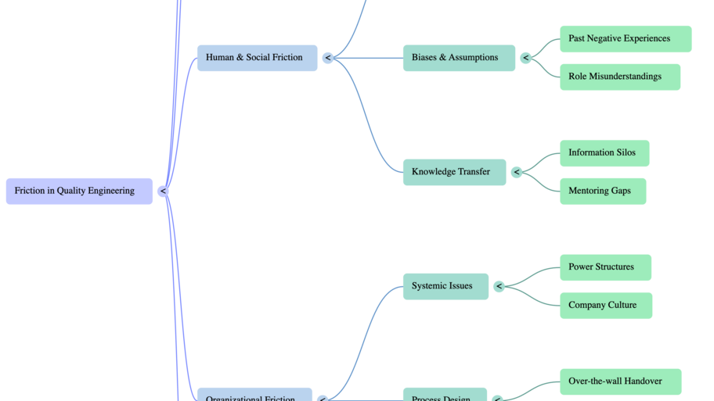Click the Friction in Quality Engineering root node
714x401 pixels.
tap(79, 191)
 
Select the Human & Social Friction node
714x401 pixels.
tap(257, 58)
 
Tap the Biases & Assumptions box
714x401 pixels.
tap(459, 58)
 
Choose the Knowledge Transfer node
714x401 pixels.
tap(454, 172)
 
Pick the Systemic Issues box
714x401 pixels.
tap(445, 286)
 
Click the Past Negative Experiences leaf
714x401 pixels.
tap(625, 38)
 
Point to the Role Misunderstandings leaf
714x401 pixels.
tap(619, 77)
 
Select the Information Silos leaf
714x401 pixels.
tap(604, 153)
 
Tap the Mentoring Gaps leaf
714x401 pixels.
tap(602, 192)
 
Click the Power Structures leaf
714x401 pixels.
tap(605, 267)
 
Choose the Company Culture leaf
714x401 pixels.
tap(605, 306)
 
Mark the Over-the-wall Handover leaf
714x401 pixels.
tap(620, 381)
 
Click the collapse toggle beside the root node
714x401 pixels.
tap(163, 191)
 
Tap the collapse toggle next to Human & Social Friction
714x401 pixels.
tap(327, 58)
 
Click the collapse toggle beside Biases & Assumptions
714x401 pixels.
tap(525, 58)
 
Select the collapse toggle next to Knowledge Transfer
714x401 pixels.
tap(516, 172)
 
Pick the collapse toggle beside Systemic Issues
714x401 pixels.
tap(499, 286)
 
